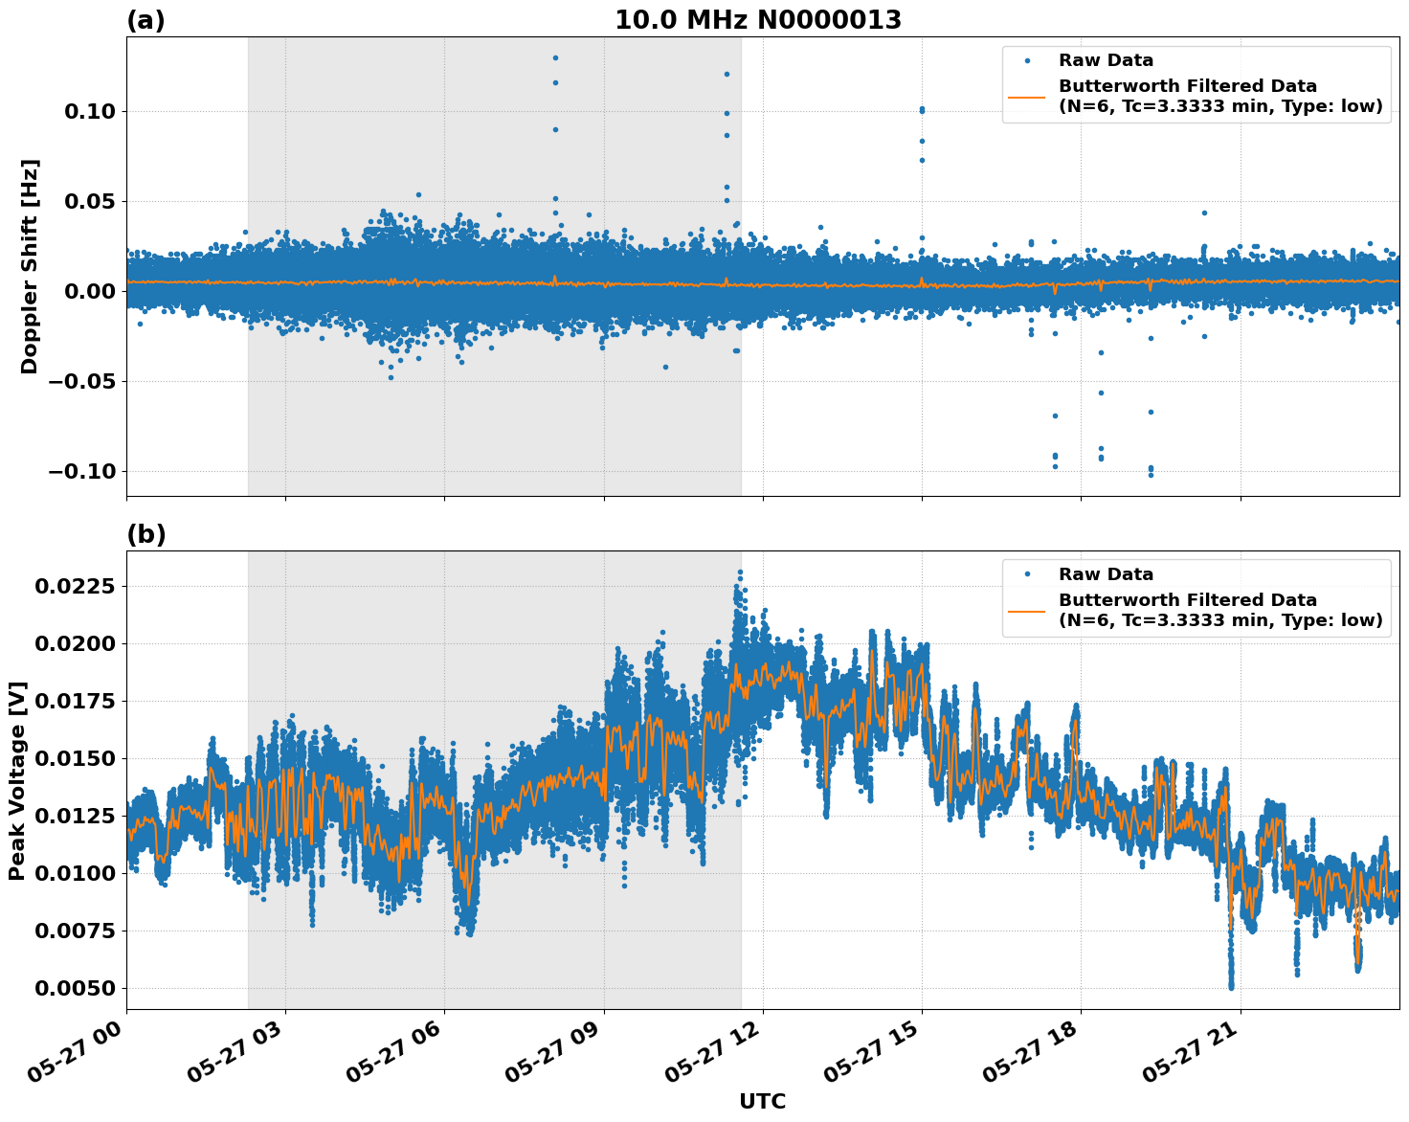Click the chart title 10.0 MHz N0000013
point(757,20)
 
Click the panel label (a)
point(145,20)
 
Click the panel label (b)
point(145,534)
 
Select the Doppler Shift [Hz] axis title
point(30,266)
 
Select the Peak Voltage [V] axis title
point(17,780)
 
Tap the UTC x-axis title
point(762,1101)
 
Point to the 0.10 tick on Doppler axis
point(89,111)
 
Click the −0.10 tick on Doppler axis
point(80,471)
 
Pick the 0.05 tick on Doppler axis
point(89,201)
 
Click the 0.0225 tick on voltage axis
point(75,586)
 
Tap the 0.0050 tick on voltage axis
point(75,988)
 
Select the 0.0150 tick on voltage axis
point(75,758)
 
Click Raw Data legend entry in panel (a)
point(1106,60)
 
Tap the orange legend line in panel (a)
point(1027,96)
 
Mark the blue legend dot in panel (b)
point(1027,574)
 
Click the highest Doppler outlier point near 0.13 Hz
point(555,57)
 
